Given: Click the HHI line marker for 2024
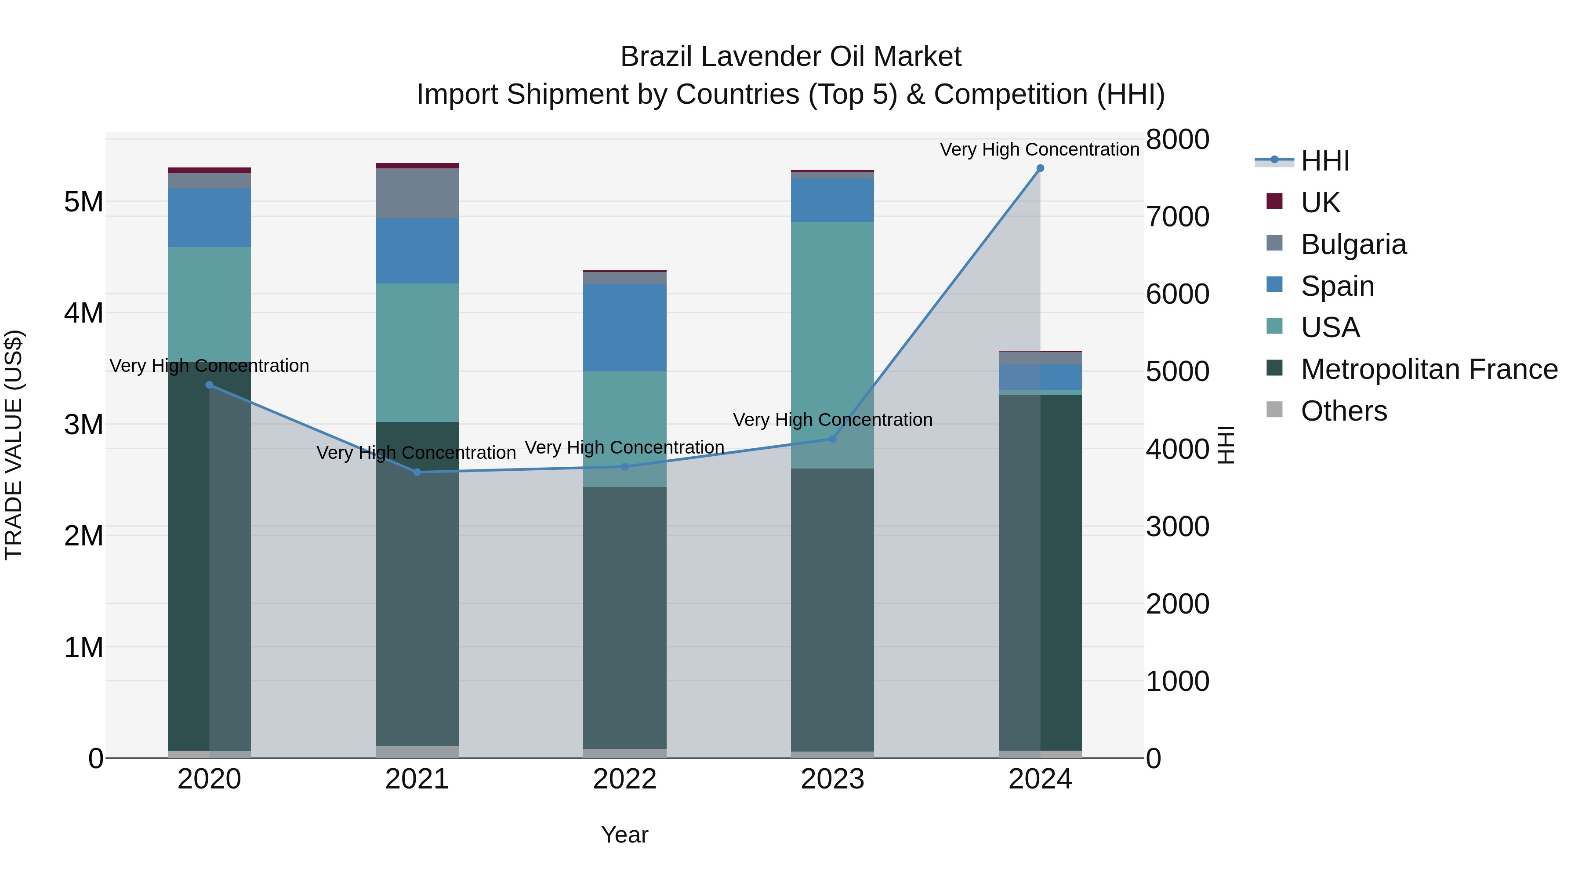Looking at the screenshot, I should (x=1040, y=168).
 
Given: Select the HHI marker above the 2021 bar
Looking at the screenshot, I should (x=417, y=472).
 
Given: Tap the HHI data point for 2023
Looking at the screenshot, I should (x=832, y=439).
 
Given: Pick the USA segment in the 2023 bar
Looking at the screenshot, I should (x=832, y=320).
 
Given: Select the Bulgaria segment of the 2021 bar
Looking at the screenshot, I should (x=417, y=193).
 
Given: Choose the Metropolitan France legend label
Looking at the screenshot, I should (x=1429, y=369).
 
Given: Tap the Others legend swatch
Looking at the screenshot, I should (x=1274, y=410).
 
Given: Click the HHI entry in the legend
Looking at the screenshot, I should (x=1324, y=161).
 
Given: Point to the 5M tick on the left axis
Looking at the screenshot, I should (x=83, y=202).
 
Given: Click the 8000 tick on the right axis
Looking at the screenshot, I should (x=1177, y=139).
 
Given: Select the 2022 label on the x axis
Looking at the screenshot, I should (x=624, y=779).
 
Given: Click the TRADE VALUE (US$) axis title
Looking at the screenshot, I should (x=14, y=445).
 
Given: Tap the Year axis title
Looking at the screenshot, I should (x=624, y=835).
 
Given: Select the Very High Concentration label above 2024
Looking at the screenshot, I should (x=1039, y=149).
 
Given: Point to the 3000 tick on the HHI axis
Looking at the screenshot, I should (x=1177, y=527).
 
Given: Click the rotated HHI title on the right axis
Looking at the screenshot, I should (x=1225, y=445).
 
